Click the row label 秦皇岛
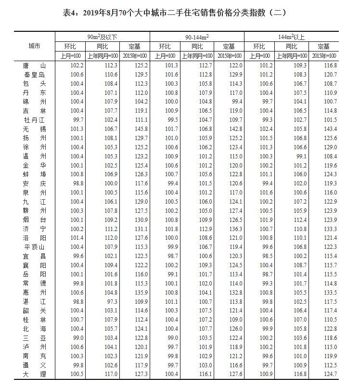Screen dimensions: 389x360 [34, 75]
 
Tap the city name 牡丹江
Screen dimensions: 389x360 [34, 120]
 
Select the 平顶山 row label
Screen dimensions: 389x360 [34, 247]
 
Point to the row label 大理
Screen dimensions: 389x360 [34, 374]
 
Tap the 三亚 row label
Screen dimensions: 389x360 [34, 337]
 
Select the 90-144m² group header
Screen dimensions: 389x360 [197, 37]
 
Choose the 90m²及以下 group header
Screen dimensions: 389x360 [103, 37]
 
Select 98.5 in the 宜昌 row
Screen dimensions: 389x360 [266, 256]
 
